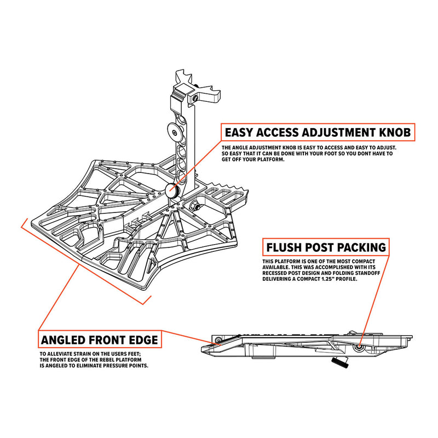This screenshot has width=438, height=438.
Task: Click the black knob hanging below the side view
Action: (339, 362)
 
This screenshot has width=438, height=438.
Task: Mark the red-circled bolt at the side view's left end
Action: (218, 341)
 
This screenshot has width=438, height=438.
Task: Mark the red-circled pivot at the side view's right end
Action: (359, 347)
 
